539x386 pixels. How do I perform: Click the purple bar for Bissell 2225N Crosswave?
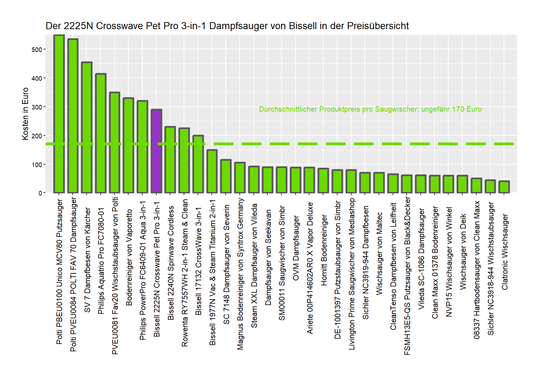coord(156,151)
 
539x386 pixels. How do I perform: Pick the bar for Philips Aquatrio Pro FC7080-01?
coord(101,133)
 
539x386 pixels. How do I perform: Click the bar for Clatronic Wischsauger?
coord(504,187)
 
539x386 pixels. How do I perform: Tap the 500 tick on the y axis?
coord(37,49)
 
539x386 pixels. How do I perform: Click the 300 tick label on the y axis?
coord(37,107)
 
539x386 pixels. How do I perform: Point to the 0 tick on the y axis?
coord(40,193)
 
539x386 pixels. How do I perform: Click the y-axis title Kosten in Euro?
coord(25,114)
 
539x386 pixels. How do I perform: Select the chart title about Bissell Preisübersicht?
coord(227,26)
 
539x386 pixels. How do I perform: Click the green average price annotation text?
coord(370,109)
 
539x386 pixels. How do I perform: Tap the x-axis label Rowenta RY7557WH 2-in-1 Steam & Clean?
coord(185,273)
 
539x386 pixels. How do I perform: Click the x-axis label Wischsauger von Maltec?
coord(379,253)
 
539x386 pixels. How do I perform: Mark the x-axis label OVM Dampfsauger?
coord(296,248)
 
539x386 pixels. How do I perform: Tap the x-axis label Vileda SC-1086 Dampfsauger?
coord(421,259)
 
